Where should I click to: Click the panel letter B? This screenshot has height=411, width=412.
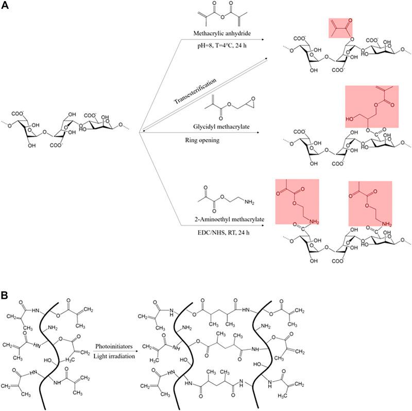[x=4, y=296]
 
